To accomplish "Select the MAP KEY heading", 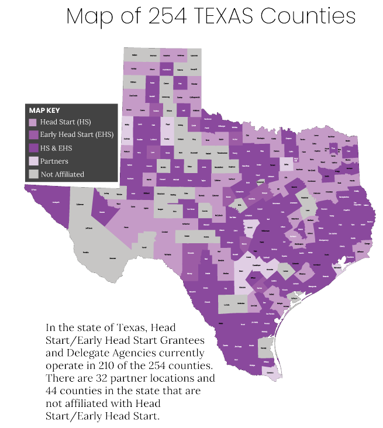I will (x=44, y=111).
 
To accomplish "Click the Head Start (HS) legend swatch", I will (x=33, y=123).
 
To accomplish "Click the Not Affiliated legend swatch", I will (x=33, y=174).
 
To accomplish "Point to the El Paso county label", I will (x=34, y=189).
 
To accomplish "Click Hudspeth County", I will (x=57, y=202).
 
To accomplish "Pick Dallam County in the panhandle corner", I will (x=134, y=55).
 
